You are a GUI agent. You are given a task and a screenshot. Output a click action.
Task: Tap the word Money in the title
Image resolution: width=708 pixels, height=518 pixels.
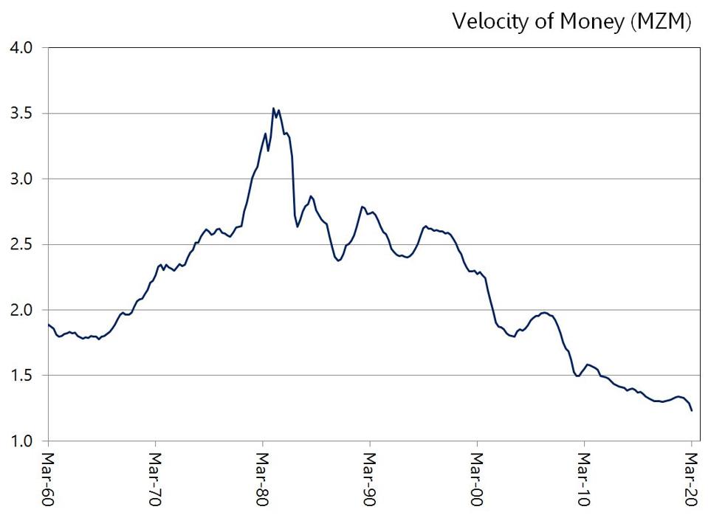pyautogui.click(x=591, y=22)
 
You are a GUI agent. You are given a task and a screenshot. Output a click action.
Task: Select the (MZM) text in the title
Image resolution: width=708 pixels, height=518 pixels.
pyautogui.click(x=661, y=22)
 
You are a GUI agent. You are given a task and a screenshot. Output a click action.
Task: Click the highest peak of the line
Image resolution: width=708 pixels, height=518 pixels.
pyautogui.click(x=274, y=108)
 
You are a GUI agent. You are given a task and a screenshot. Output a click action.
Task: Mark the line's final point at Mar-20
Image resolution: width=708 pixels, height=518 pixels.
pyautogui.click(x=692, y=410)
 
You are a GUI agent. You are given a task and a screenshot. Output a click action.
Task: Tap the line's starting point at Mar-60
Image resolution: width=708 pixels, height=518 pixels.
pyautogui.click(x=49, y=325)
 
